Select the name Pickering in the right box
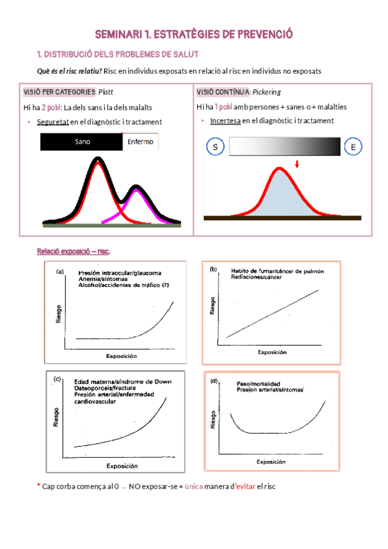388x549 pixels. tap(266, 91)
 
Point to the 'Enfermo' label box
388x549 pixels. tap(140, 142)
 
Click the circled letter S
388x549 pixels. tap(215, 147)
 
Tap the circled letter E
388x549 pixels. tap(353, 147)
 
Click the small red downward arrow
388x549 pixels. tap(297, 164)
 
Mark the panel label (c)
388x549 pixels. tap(58, 379)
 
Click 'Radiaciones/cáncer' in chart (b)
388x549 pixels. tap(259, 277)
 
